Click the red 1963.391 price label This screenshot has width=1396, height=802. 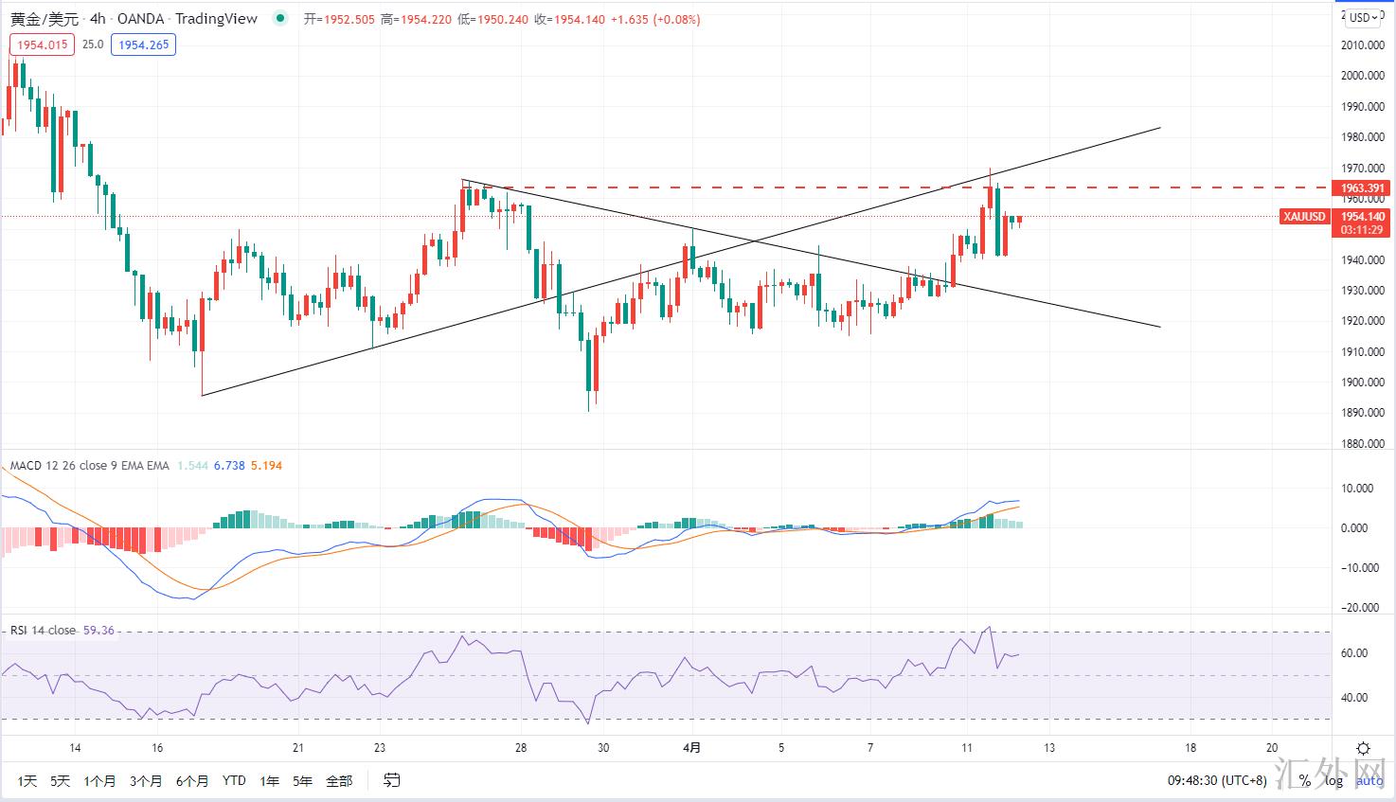coord(1362,188)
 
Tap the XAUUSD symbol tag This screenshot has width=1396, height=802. coord(1304,217)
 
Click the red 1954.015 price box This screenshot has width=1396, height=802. coord(42,45)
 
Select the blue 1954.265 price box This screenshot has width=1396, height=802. coord(144,45)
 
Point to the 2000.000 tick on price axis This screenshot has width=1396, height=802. coord(1363,76)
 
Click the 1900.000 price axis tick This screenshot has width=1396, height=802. coord(1363,383)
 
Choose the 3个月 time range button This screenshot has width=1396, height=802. coord(145,781)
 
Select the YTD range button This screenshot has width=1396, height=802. coord(234,781)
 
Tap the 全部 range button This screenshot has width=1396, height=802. coord(338,781)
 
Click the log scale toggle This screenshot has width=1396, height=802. coord(1333,781)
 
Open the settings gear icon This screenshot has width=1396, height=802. coord(1363,748)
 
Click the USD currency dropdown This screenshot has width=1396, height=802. coord(1363,17)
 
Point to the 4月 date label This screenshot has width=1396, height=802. coord(691,748)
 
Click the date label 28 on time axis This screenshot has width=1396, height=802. coord(521,748)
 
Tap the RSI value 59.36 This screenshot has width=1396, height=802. coord(98,631)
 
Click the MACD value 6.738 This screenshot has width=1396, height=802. coord(229,466)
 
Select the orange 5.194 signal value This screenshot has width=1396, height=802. coord(266,466)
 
